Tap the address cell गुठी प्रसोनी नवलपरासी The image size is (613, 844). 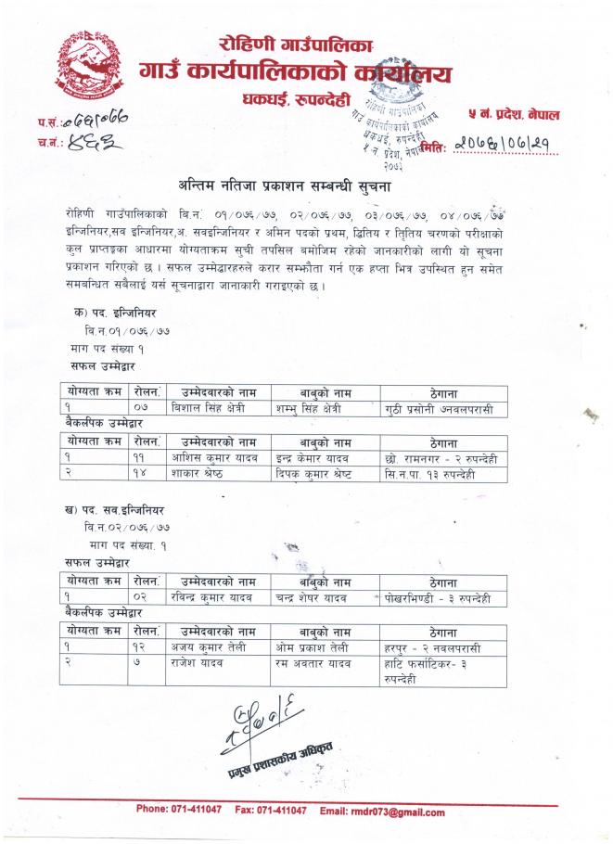pos(444,408)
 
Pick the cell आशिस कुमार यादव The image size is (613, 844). pos(218,458)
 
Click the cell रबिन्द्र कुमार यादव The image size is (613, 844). pos(218,598)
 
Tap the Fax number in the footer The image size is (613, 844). pos(271,812)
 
